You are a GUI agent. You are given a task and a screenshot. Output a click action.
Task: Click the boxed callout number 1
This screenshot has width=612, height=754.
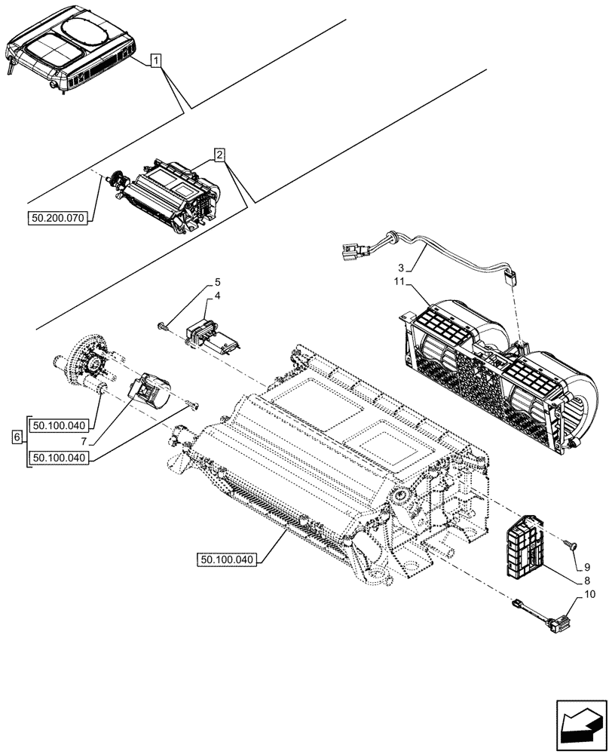click(x=155, y=61)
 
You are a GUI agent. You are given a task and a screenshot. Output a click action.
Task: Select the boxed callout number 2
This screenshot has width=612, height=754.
click(x=219, y=155)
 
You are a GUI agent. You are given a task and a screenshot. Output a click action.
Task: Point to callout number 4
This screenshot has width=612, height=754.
click(x=217, y=296)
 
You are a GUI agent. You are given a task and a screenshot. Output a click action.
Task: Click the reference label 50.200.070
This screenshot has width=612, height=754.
click(x=58, y=219)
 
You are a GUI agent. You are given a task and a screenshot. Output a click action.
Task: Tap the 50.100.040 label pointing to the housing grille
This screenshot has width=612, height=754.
click(x=228, y=559)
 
